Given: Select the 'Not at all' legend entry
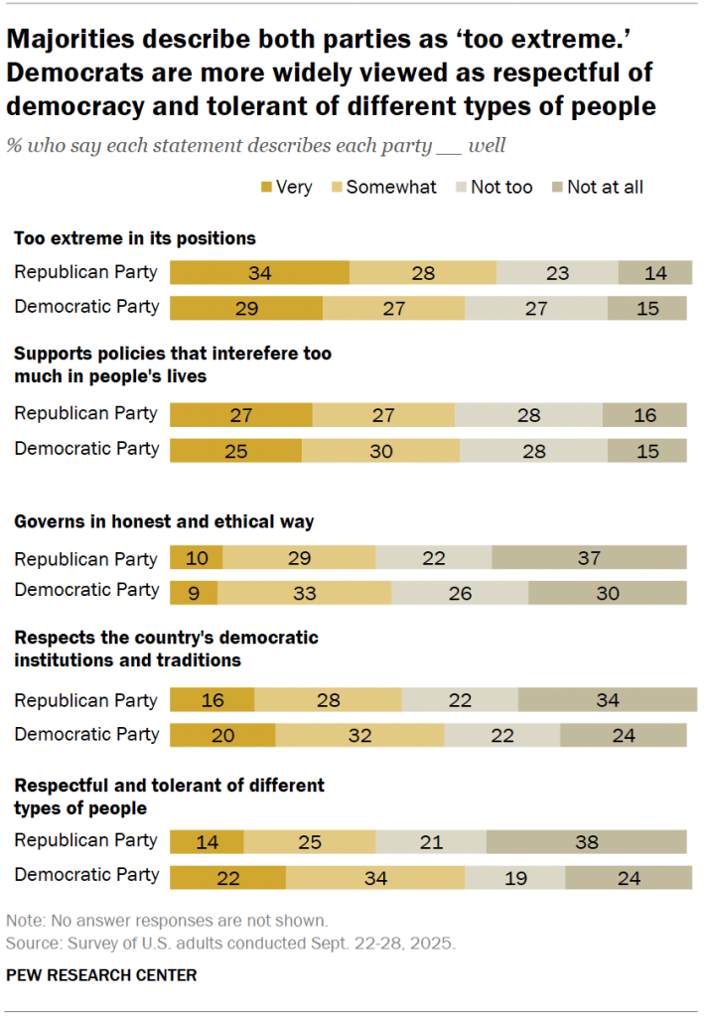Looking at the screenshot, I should pos(604,187).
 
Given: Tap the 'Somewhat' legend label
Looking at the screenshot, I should pos(390,187).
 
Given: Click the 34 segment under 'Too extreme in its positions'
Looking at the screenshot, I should pos(259,273).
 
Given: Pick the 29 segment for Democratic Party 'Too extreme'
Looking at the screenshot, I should pos(246,307).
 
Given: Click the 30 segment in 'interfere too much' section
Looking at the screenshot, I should pos(380,450).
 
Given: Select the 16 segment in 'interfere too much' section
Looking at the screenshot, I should pos(644,415).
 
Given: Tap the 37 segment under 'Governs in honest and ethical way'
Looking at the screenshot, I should pos(589,557).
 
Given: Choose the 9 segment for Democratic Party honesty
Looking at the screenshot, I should pos(194,592).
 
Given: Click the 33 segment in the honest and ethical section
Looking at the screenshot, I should pos(304,592).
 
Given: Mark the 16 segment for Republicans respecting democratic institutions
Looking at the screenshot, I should pos(212,700).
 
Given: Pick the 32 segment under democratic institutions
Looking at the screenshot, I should pos(359,735).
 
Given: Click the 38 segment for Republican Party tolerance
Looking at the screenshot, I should pos(586,841).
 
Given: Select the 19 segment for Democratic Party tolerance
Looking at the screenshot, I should pos(514,877).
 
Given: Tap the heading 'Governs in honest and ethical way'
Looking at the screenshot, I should pos(163,521).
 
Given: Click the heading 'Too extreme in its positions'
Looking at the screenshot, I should pos(134,238).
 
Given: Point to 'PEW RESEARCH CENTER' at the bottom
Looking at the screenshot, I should pos(101,975).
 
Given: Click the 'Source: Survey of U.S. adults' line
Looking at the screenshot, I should pos(230,942).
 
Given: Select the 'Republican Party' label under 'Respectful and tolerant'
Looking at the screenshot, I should pos(85,840).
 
